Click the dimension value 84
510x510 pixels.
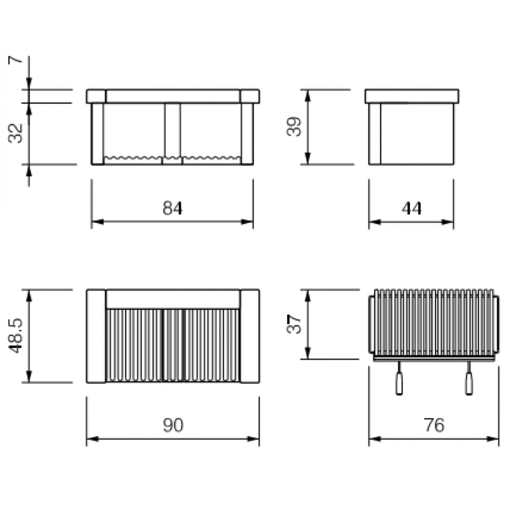(x=172, y=208)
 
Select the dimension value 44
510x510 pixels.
(x=411, y=208)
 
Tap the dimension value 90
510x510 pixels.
(x=173, y=425)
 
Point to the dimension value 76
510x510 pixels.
(x=434, y=425)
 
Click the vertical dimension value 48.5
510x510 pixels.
(x=16, y=336)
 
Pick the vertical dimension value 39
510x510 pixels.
(x=294, y=127)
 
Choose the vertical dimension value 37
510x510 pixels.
(x=294, y=324)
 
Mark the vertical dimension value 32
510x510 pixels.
(x=16, y=133)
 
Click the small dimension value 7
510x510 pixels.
(x=16, y=60)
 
